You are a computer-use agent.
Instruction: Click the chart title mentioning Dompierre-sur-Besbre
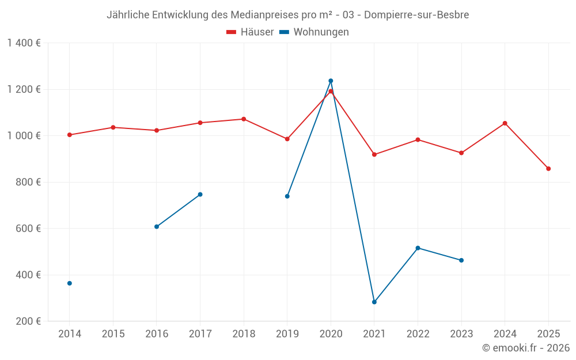(x=287, y=15)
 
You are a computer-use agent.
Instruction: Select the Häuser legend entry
(x=250, y=32)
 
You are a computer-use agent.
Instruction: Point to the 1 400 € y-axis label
(x=24, y=43)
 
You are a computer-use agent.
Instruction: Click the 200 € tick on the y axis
(x=27, y=321)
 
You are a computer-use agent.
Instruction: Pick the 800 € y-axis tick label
(x=27, y=182)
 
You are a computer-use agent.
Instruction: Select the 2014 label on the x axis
(x=70, y=334)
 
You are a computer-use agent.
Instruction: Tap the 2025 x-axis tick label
(x=548, y=334)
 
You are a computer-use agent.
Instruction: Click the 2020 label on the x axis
(x=331, y=334)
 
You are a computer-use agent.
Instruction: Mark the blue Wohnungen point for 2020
(x=331, y=81)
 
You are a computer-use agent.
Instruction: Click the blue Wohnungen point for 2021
(x=374, y=302)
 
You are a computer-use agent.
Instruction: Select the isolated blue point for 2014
(x=70, y=283)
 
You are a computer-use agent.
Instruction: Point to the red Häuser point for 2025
(x=548, y=169)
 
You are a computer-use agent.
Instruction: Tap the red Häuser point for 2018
(x=244, y=119)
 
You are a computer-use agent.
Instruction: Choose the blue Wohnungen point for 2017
(x=200, y=194)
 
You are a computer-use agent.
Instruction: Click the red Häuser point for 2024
(x=505, y=123)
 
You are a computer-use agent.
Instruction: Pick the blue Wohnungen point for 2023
(x=461, y=260)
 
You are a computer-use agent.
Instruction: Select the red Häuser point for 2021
(x=374, y=154)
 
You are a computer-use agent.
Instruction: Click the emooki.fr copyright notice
(x=525, y=348)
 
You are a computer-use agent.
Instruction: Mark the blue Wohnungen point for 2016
(x=157, y=227)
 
